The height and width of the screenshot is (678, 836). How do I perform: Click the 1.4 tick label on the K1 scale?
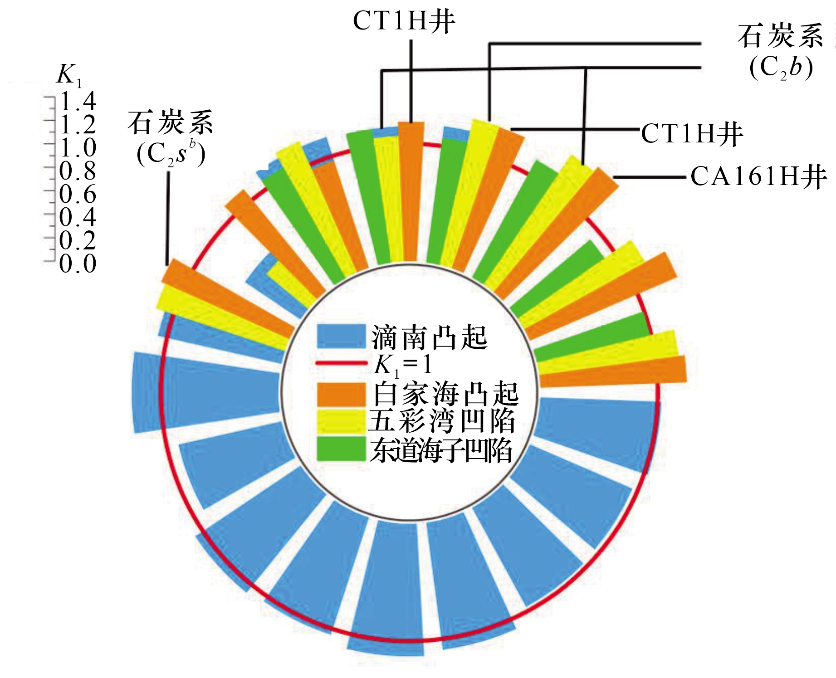pyautogui.click(x=78, y=101)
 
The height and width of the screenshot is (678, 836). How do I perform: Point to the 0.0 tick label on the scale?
pyautogui.click(x=78, y=263)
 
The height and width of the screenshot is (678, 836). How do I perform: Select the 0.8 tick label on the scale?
pyautogui.click(x=78, y=171)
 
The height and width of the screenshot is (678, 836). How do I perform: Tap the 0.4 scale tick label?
pyautogui.click(x=78, y=217)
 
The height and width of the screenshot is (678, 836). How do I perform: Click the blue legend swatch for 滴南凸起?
pyautogui.click(x=341, y=337)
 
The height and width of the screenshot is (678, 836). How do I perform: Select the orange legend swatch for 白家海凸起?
pyautogui.click(x=341, y=394)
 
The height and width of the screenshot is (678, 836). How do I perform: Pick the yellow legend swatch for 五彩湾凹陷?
pyautogui.click(x=341, y=421)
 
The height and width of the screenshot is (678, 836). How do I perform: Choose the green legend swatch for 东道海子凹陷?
pyautogui.click(x=341, y=449)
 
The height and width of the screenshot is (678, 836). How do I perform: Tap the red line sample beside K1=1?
pyautogui.click(x=341, y=363)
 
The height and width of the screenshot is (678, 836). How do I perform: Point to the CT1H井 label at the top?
pyautogui.click(x=404, y=21)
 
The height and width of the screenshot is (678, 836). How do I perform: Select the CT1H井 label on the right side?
pyautogui.click(x=692, y=134)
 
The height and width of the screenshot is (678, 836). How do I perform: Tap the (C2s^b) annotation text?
pyautogui.click(x=171, y=153)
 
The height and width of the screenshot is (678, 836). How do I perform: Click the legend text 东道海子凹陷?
pyautogui.click(x=441, y=450)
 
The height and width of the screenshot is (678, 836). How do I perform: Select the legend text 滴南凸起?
pyautogui.click(x=429, y=337)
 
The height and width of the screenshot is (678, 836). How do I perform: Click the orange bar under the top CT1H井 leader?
pyautogui.click(x=411, y=190)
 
